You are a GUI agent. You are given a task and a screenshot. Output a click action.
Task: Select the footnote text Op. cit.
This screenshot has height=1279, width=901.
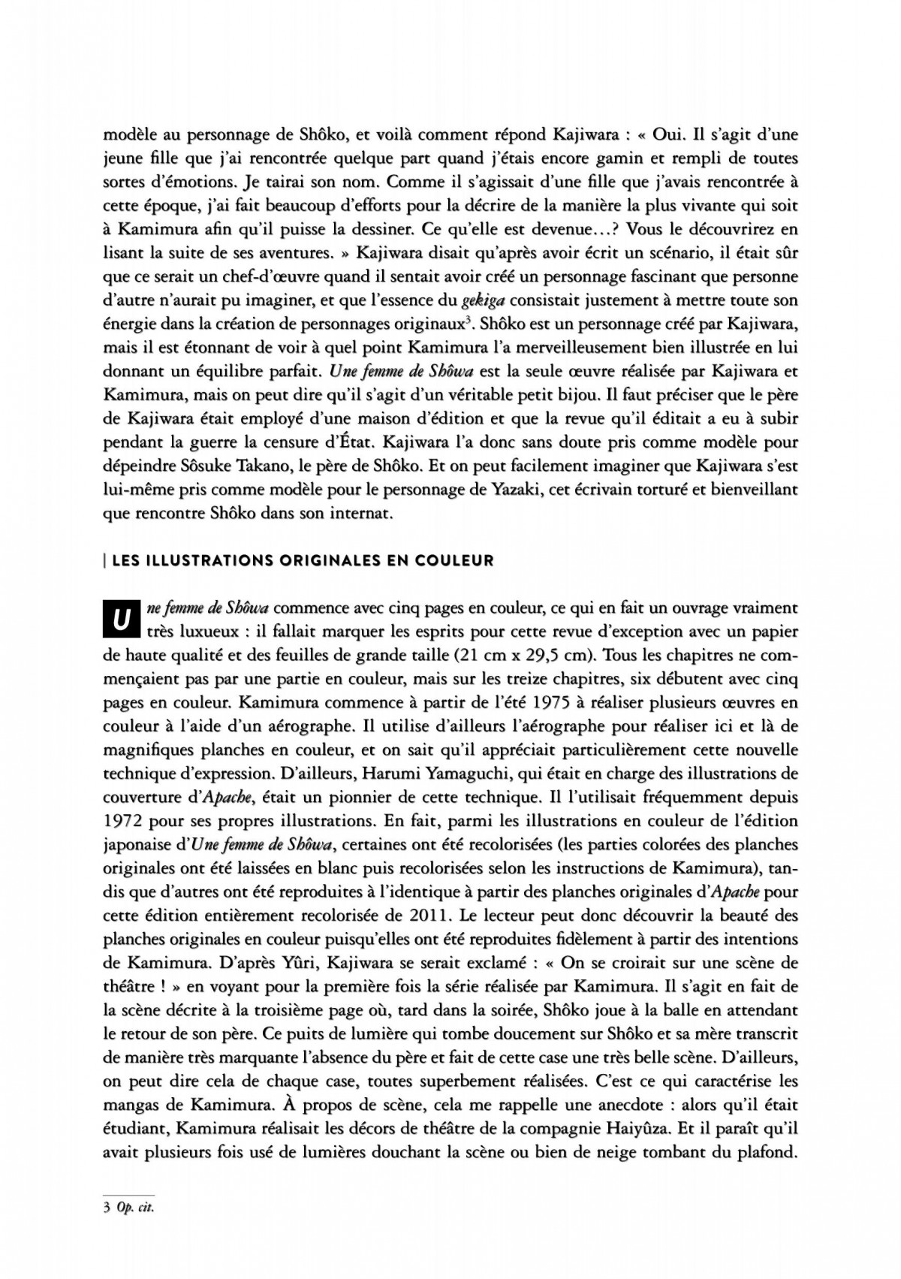pyautogui.click(x=135, y=1208)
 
